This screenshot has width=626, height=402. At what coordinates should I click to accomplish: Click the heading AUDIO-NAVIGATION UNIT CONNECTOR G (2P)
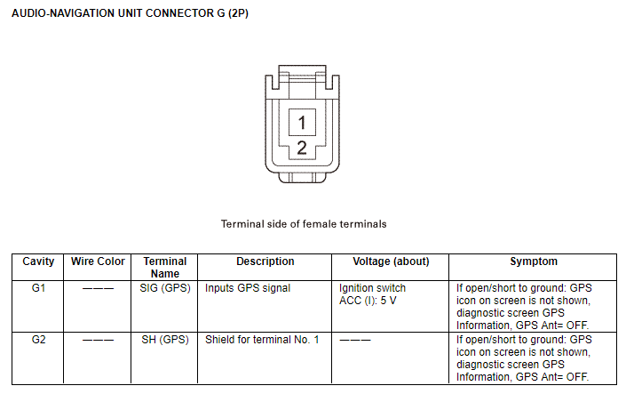pos(130,13)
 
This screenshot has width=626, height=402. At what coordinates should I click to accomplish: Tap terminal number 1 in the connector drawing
pos(302,123)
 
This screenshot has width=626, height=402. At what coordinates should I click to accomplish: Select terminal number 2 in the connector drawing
pos(302,148)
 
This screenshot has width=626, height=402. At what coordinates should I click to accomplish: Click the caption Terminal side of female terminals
pos(304,224)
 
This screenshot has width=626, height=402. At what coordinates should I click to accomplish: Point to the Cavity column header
pos(38,261)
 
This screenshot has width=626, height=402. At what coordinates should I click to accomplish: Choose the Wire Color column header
pos(98,261)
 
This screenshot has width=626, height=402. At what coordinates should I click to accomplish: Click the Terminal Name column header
pos(165,268)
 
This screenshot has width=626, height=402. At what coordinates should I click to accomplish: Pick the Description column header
pos(265,261)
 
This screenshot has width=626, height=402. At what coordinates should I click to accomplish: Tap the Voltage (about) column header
pos(391,261)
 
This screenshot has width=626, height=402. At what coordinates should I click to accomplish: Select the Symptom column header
pos(534,261)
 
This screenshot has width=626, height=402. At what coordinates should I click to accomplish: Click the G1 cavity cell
pos(38,288)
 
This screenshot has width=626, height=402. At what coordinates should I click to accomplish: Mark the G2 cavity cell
pos(38,340)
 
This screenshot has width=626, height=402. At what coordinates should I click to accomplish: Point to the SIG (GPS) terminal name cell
pos(165,288)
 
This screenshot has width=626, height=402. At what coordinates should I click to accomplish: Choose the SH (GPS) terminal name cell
pos(165,340)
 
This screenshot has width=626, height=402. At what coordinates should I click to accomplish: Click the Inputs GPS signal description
pos(248,288)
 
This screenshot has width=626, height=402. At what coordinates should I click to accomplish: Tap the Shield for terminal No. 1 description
pos(262,340)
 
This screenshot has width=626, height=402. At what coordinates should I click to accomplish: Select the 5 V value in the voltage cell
pos(388,301)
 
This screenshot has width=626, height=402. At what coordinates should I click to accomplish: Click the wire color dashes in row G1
pos(98,288)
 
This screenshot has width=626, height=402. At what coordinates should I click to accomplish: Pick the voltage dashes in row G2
pos(355,340)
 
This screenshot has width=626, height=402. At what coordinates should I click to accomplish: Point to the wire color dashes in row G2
pos(98,340)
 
